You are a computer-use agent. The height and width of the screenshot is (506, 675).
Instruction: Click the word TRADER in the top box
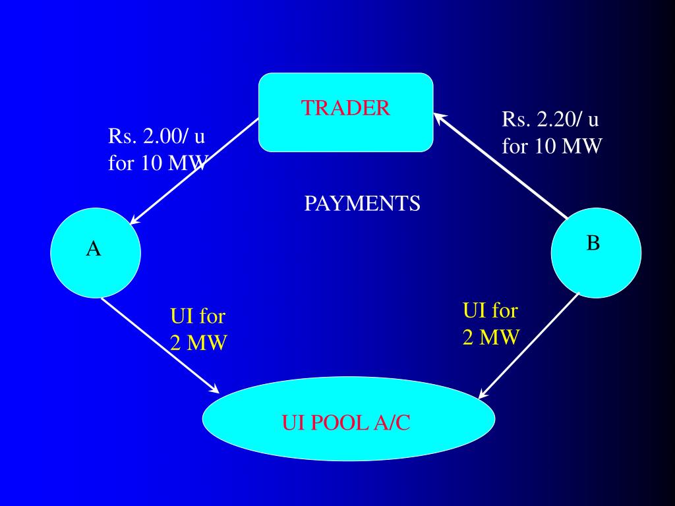coord(345,108)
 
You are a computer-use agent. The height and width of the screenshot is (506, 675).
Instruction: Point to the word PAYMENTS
coord(362,204)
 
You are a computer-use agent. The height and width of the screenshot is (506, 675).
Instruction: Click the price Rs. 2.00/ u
coord(156,138)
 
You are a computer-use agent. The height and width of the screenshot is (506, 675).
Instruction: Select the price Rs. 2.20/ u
coord(550,120)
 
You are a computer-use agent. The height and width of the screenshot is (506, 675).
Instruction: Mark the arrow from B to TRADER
coord(501,165)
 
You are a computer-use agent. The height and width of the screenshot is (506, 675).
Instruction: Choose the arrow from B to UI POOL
coord(527,347)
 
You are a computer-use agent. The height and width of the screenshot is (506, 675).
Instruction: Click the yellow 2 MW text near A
coord(198,343)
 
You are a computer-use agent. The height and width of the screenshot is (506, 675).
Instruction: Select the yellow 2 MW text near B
coord(490,337)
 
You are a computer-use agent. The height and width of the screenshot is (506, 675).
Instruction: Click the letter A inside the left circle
coord(94,248)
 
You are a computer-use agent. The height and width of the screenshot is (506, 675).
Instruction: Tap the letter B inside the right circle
coord(593,243)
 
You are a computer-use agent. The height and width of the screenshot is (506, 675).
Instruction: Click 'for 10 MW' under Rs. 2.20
coord(552,145)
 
